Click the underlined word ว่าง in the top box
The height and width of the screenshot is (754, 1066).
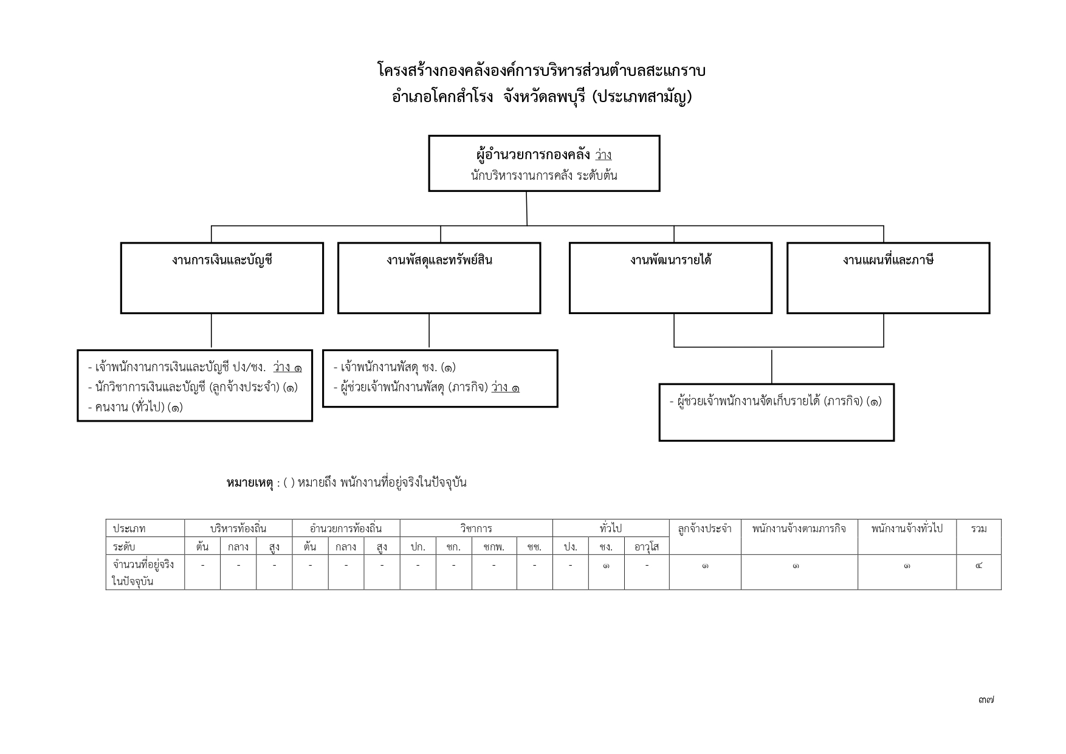(603, 155)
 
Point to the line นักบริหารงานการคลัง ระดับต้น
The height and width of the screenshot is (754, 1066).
(544, 176)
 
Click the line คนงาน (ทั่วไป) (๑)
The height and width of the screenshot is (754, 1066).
(135, 407)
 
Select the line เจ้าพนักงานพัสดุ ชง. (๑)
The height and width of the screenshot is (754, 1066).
(394, 367)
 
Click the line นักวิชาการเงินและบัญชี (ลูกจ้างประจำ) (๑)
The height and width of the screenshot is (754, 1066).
(193, 387)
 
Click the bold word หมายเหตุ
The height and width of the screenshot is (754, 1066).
(249, 483)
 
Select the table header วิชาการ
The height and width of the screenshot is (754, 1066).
(476, 529)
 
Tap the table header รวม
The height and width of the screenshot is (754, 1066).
(978, 529)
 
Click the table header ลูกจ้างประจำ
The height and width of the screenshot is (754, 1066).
(705, 529)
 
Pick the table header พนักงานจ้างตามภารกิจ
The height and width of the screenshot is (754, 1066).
(799, 529)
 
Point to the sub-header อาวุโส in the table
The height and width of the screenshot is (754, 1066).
(647, 546)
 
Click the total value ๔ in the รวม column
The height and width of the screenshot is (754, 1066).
(978, 566)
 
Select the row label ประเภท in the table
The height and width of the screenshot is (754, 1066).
(129, 529)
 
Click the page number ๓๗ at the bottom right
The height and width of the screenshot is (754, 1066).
(986, 700)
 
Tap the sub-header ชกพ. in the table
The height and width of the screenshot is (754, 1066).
(493, 546)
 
